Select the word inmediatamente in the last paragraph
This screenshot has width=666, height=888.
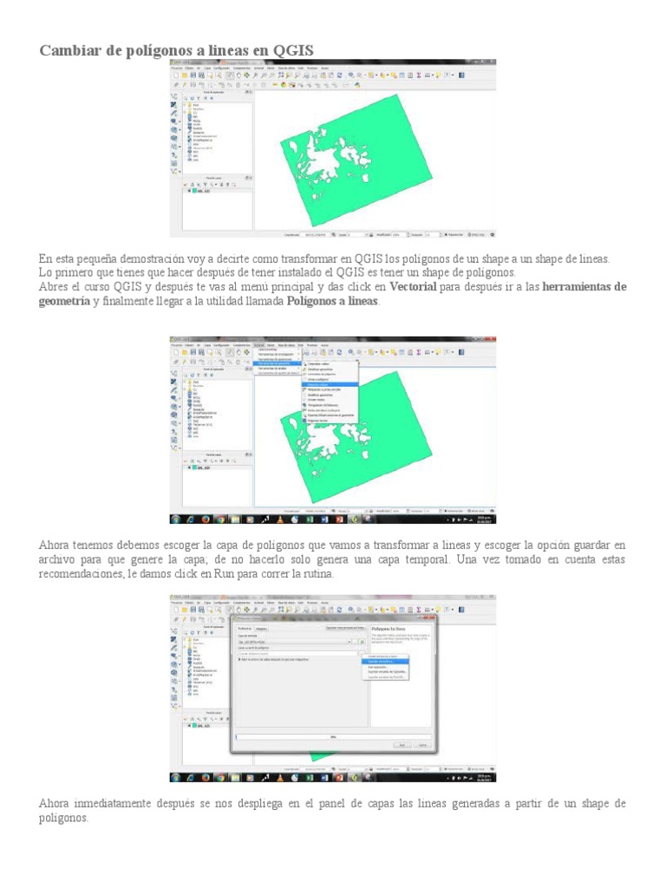[x=113, y=804]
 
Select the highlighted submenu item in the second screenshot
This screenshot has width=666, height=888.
[x=330, y=382]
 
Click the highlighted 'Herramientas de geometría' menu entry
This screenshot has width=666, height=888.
[x=278, y=362]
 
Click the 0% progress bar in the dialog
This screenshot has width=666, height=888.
[x=333, y=737]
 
